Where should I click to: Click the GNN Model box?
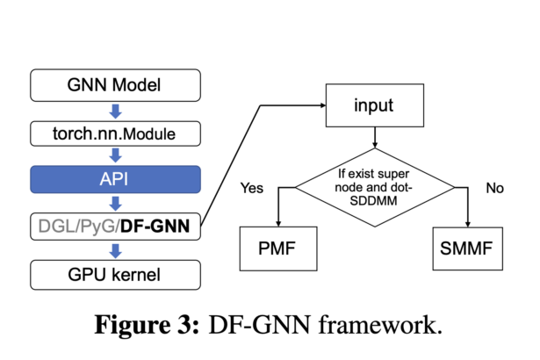[115, 85]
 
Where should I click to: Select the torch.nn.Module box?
[115, 133]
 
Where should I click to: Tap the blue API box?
[115, 179]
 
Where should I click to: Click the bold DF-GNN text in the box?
[155, 227]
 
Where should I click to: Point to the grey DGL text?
[58, 227]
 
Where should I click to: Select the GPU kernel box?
[115, 275]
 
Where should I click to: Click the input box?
[375, 105]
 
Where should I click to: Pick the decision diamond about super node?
[375, 187]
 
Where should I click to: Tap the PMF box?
[278, 248]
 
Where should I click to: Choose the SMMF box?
[467, 248]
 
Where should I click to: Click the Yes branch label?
[252, 188]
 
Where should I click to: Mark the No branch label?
[494, 188]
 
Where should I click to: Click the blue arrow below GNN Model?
[116, 112]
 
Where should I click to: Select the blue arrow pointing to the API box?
[116, 155]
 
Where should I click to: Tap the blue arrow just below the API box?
[116, 203]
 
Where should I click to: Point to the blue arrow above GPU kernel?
[116, 251]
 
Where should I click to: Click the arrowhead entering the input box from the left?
[323, 105]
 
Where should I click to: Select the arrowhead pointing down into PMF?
[278, 224]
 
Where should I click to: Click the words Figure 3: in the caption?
[147, 325]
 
